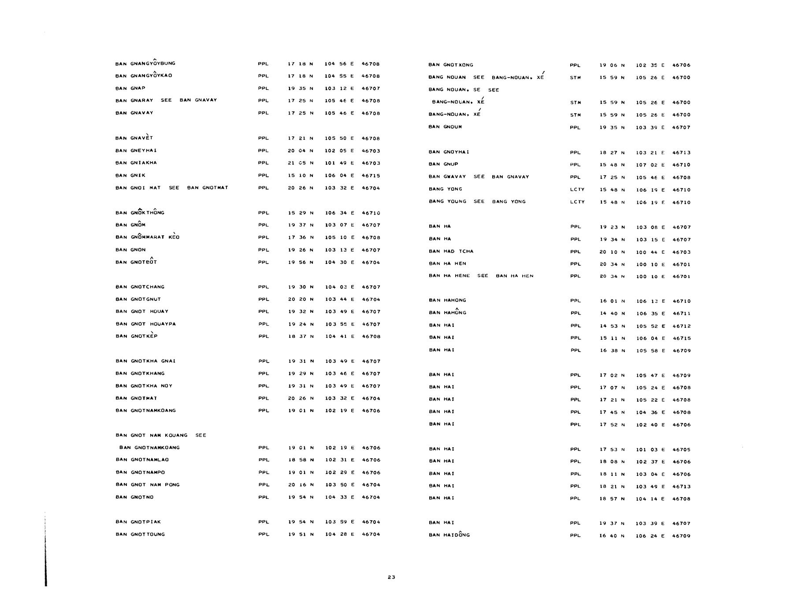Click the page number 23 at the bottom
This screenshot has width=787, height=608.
point(391,577)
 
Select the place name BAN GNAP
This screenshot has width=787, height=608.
point(130,88)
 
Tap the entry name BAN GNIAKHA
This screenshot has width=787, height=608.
point(136,163)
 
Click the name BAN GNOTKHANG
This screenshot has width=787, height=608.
point(140,373)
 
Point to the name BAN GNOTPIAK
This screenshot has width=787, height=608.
point(138,522)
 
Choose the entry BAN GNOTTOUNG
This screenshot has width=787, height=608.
point(140,534)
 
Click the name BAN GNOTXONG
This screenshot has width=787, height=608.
point(451,65)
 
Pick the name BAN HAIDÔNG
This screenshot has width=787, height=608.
point(449,535)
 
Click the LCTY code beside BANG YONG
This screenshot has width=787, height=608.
point(577,189)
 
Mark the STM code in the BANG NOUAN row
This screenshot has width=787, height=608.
point(575,78)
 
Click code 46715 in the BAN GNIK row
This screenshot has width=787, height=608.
point(371,175)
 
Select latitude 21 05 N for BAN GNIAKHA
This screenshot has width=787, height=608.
point(301,163)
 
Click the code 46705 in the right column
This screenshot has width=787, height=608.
point(682,449)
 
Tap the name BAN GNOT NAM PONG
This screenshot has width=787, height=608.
point(148,485)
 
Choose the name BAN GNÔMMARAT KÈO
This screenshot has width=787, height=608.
point(148,237)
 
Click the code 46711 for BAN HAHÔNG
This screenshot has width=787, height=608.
point(682,313)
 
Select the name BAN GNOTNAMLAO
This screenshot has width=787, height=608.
point(142,460)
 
